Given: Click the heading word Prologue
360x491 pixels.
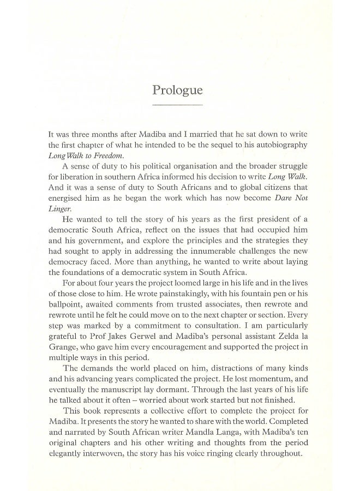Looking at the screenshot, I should tap(177, 89).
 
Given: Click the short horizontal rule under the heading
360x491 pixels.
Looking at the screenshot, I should tap(177, 104).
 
